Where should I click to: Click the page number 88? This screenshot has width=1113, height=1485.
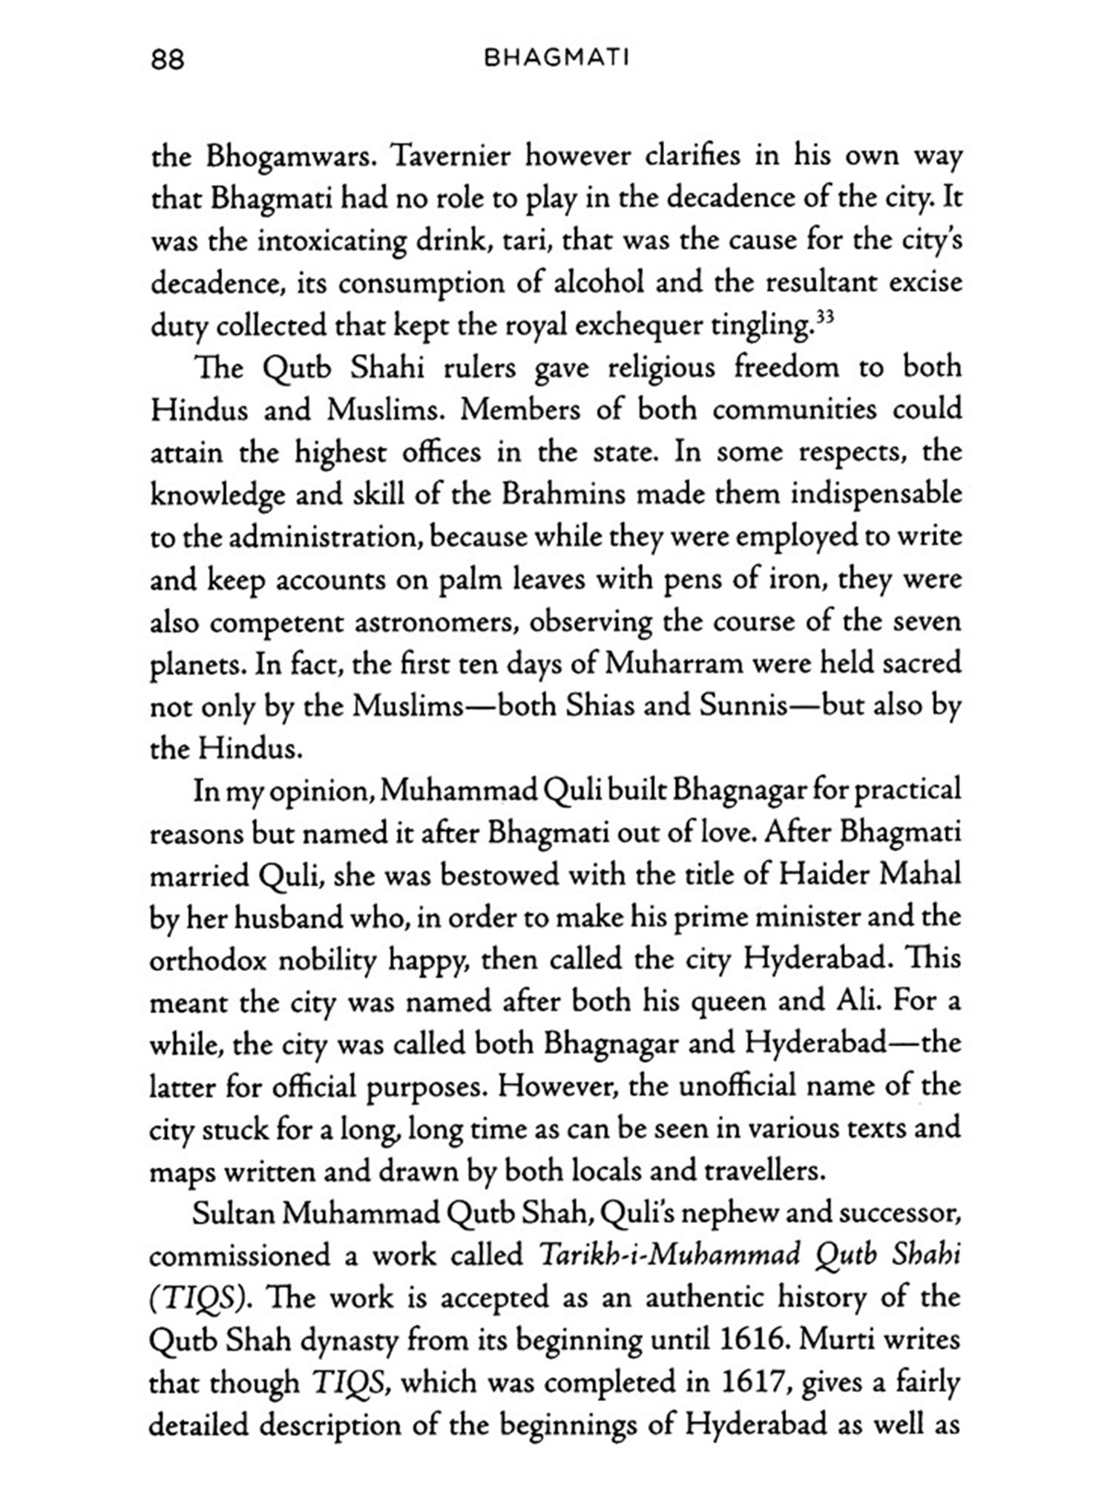pos(167,59)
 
